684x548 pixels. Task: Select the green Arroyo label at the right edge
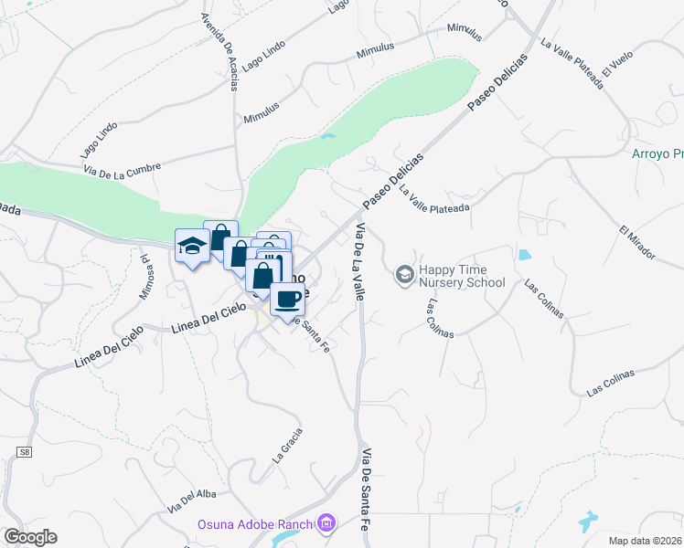(657, 153)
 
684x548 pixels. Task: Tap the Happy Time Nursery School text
(462, 277)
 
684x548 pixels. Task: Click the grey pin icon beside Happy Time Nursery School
(403, 274)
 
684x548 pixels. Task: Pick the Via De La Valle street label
(359, 261)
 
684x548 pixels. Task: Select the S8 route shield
(24, 452)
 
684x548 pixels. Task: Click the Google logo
(29, 537)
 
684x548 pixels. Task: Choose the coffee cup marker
(287, 299)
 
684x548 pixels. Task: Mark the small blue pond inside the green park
(328, 138)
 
